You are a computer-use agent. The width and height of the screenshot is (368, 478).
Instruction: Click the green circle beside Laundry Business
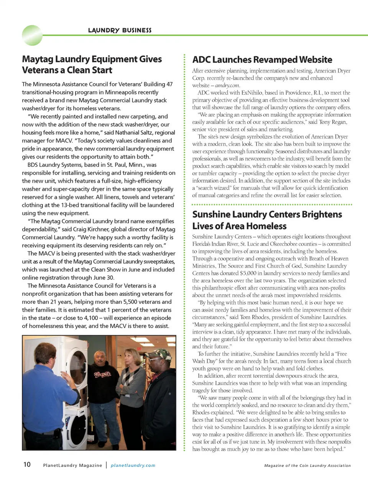[x=32, y=35]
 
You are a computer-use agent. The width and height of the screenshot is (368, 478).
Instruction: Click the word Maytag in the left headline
[x=38, y=59]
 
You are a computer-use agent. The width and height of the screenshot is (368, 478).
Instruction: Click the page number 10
[x=27, y=465]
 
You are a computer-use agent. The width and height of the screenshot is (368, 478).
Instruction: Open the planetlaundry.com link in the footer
[x=133, y=465]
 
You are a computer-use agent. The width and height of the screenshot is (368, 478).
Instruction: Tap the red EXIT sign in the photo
[x=139, y=349]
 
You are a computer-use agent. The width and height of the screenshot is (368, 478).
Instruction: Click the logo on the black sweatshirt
[x=103, y=374]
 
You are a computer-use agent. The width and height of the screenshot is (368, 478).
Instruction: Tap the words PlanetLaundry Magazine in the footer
[x=72, y=465]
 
